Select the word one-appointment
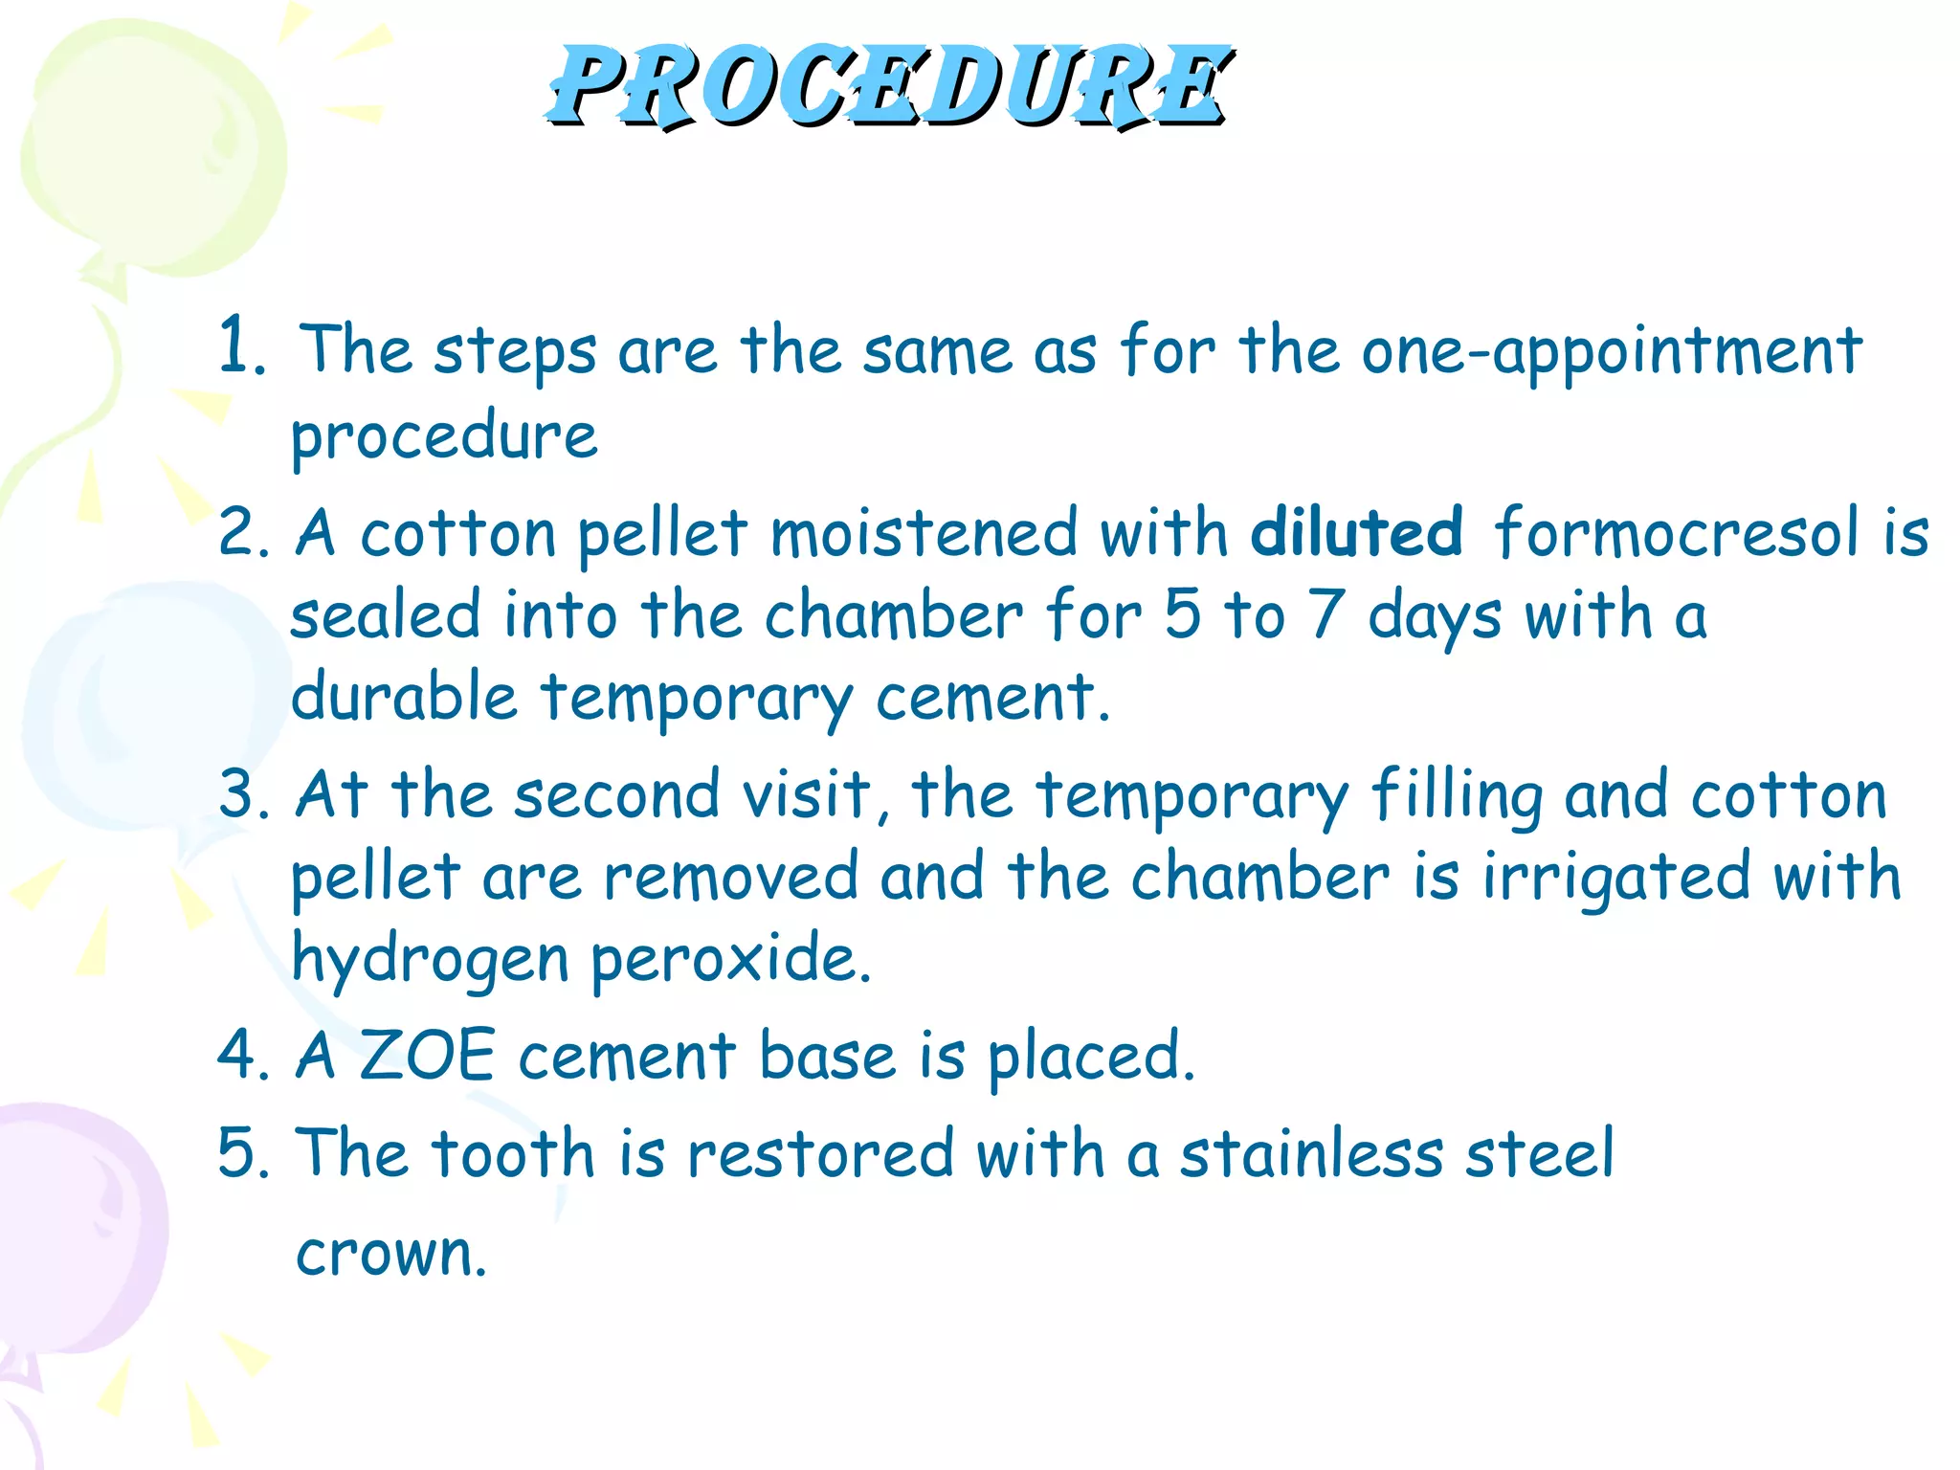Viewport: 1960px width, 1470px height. pyautogui.click(x=1612, y=352)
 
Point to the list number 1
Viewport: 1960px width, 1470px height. pyautogui.click(x=239, y=346)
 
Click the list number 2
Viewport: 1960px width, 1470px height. pyautogui.click(x=243, y=532)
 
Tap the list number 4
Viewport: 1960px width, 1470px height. pyautogui.click(x=243, y=1055)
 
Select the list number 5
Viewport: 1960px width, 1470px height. pyautogui.click(x=243, y=1152)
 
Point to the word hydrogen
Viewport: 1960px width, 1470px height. pyautogui.click(x=430, y=959)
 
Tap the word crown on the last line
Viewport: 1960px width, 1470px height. pyautogui.click(x=390, y=1254)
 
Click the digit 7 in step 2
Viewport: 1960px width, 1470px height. pyautogui.click(x=1326, y=614)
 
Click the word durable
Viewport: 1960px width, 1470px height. pyautogui.click(x=404, y=696)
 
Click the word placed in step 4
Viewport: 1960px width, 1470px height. pyautogui.click(x=1090, y=1057)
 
